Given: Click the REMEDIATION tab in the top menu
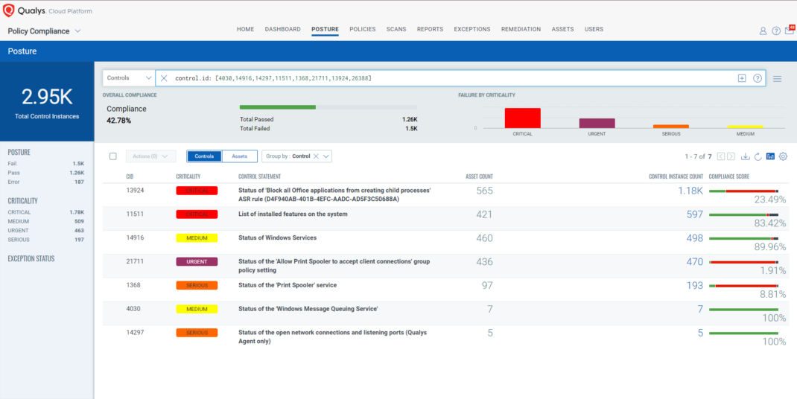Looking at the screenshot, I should pyautogui.click(x=521, y=29).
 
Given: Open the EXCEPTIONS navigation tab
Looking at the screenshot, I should pyautogui.click(x=472, y=29).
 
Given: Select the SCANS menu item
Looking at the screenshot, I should pyautogui.click(x=396, y=29).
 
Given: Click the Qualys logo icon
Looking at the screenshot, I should pyautogui.click(x=9, y=10).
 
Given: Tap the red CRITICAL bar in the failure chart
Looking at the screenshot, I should pyautogui.click(x=522, y=118).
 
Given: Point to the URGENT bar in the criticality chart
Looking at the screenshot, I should pyautogui.click(x=597, y=124).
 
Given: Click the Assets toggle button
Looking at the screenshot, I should pyautogui.click(x=239, y=156).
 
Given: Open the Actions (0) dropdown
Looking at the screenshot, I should pyautogui.click(x=150, y=156).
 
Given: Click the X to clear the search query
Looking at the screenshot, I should pyautogui.click(x=164, y=78).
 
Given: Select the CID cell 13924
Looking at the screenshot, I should pyautogui.click(x=135, y=191).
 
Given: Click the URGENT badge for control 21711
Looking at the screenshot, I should pyautogui.click(x=197, y=262).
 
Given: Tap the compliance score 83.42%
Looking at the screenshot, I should pyautogui.click(x=769, y=223).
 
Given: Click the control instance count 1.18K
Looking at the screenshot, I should pyautogui.click(x=690, y=191).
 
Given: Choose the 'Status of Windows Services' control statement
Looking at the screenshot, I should pyautogui.click(x=277, y=238).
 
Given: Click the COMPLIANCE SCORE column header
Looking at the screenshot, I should pyautogui.click(x=728, y=176).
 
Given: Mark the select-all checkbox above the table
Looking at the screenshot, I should pyautogui.click(x=113, y=156).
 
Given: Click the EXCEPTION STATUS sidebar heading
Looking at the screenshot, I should pyautogui.click(x=31, y=259).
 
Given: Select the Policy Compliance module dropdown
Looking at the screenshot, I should pyautogui.click(x=44, y=31).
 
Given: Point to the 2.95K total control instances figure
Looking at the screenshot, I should pyautogui.click(x=47, y=96).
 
